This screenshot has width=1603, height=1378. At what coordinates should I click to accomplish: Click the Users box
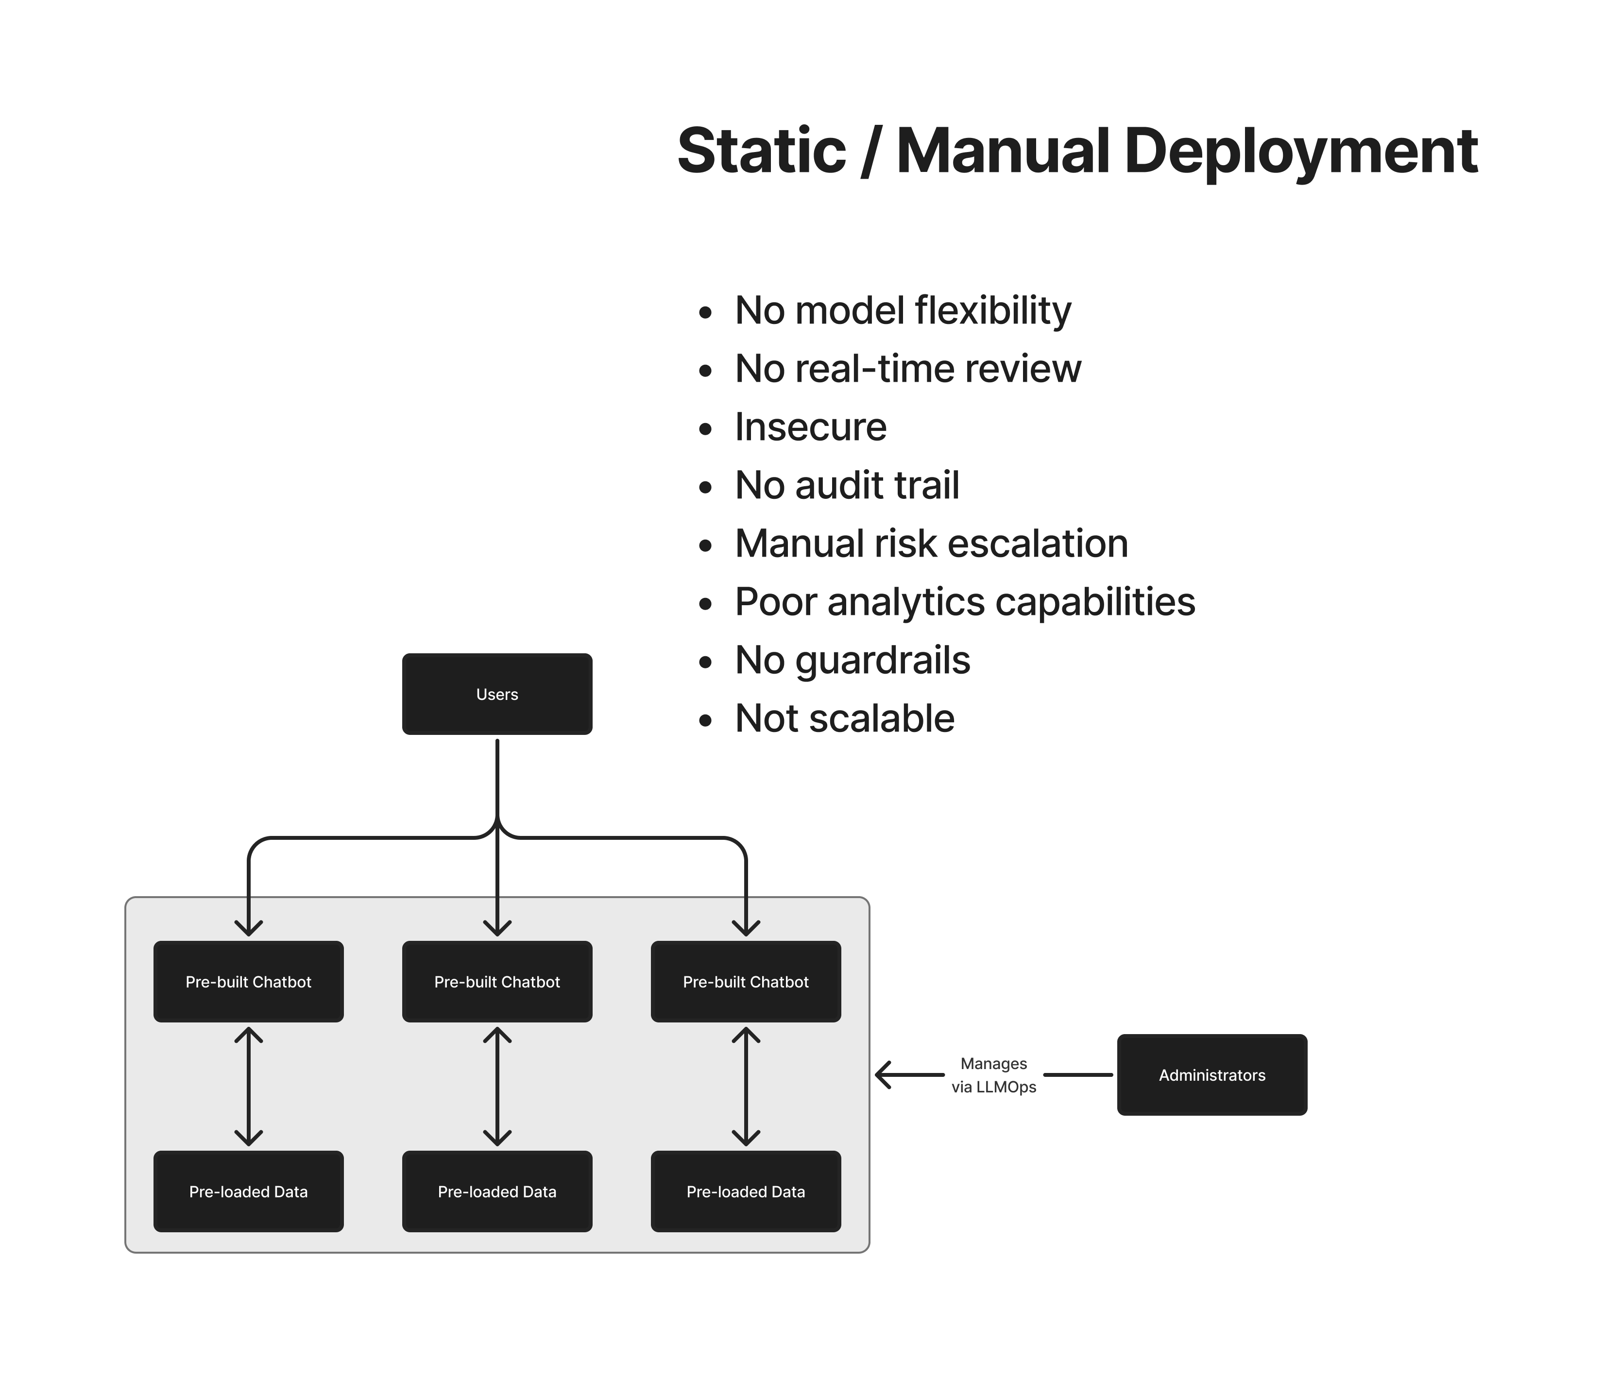click(x=496, y=694)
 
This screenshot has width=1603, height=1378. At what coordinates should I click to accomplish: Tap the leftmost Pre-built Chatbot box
click(x=248, y=982)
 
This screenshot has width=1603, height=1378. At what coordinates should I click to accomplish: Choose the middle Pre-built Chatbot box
click(x=496, y=982)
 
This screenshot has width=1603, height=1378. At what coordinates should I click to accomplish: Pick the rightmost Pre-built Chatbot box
click(x=746, y=982)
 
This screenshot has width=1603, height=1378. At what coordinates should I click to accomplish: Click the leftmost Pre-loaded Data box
click(x=248, y=1191)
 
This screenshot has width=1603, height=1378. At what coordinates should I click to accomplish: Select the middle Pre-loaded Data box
click(x=496, y=1191)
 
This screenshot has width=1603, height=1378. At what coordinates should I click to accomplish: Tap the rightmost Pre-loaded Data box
click(x=746, y=1191)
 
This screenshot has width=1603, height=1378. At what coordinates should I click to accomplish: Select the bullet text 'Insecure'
click(x=810, y=427)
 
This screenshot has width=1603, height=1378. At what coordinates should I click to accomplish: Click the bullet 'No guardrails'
click(x=852, y=661)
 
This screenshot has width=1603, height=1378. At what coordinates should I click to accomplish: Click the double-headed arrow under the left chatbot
click(x=248, y=1086)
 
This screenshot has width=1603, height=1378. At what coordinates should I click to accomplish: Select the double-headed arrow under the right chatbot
click(x=746, y=1086)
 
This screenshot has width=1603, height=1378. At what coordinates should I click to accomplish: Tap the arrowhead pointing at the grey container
click(x=884, y=1075)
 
